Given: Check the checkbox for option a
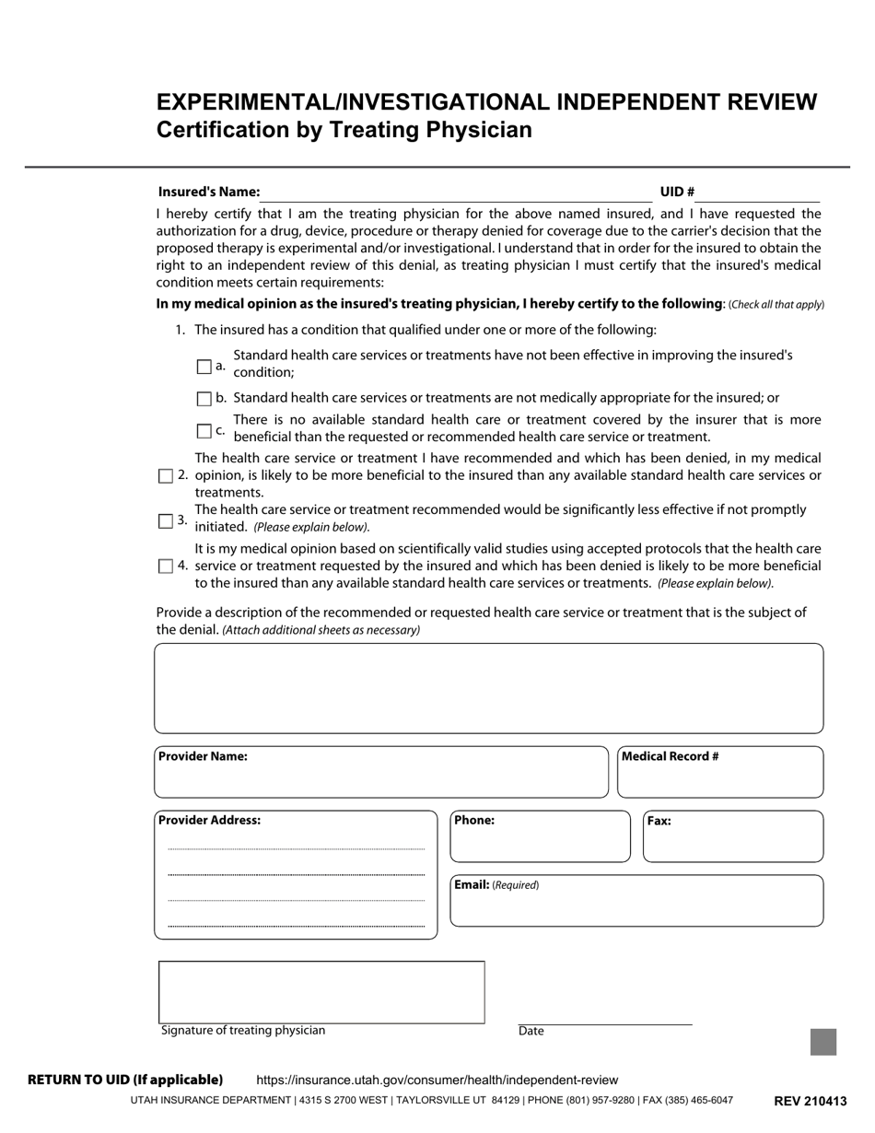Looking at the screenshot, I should point(204,367).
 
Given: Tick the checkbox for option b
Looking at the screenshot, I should point(204,399).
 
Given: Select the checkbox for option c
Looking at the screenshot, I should point(204,430).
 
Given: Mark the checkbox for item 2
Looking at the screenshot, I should point(166,476).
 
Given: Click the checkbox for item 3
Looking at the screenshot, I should point(166,521).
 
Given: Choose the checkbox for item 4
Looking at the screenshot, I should point(166,566).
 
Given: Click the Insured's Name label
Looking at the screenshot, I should point(209,192).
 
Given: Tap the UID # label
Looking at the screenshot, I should point(677,192).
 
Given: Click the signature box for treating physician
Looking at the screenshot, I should point(321,991).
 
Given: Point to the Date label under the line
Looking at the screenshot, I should point(531,1032).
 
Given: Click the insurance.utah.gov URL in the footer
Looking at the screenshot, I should point(437,1080).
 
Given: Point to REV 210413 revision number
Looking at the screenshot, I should point(810,1101).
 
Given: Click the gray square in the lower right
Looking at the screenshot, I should point(823,1042).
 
